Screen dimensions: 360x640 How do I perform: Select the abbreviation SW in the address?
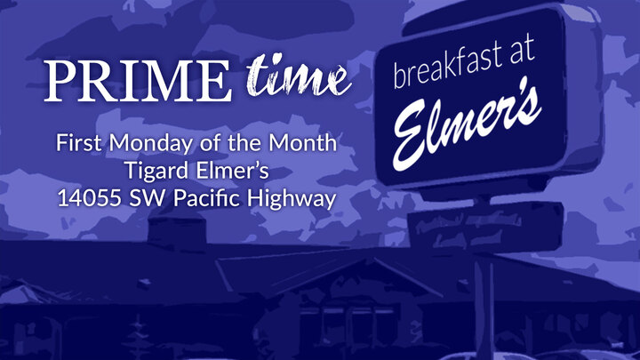tap(145, 197)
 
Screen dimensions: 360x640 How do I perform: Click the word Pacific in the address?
tap(206, 197)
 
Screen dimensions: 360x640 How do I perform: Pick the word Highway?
tap(292, 198)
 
